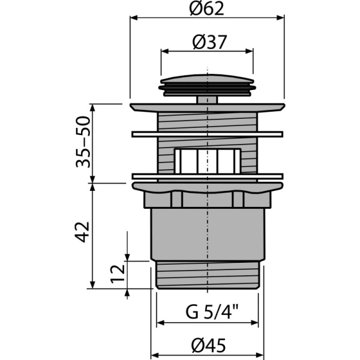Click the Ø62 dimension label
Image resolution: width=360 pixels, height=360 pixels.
click(207, 8)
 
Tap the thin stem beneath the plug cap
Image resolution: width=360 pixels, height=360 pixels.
click(207, 98)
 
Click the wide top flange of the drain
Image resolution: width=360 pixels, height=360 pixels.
click(207, 107)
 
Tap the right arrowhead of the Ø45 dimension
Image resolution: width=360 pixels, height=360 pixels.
click(262, 356)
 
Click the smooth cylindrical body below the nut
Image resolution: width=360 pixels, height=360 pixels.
click(207, 234)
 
